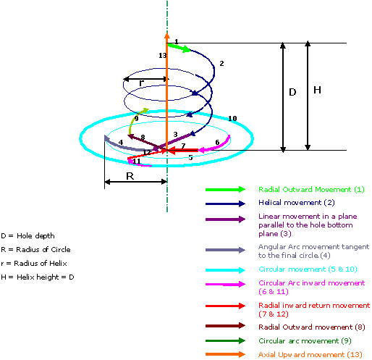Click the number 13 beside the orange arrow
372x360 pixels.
(163, 56)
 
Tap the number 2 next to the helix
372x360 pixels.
(221, 64)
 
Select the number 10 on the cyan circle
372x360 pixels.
(232, 118)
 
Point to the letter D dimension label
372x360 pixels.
(292, 92)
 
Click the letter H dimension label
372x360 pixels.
(317, 90)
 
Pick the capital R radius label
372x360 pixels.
(130, 176)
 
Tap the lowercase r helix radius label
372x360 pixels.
(142, 83)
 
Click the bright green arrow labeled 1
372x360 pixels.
(179, 48)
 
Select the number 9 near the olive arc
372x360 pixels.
(137, 119)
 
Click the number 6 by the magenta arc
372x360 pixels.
(217, 143)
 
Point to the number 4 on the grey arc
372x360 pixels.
(121, 142)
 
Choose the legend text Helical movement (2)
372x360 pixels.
(297, 202)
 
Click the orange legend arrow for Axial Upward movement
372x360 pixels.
(225, 354)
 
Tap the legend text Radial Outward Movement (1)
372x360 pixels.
(311, 190)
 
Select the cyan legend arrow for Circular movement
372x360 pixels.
(225, 270)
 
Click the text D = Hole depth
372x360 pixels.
(28, 235)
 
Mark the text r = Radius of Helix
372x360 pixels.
(34, 263)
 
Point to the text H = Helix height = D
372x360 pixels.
(38, 277)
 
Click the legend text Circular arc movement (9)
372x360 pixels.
(305, 340)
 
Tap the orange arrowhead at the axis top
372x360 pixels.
(167, 35)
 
